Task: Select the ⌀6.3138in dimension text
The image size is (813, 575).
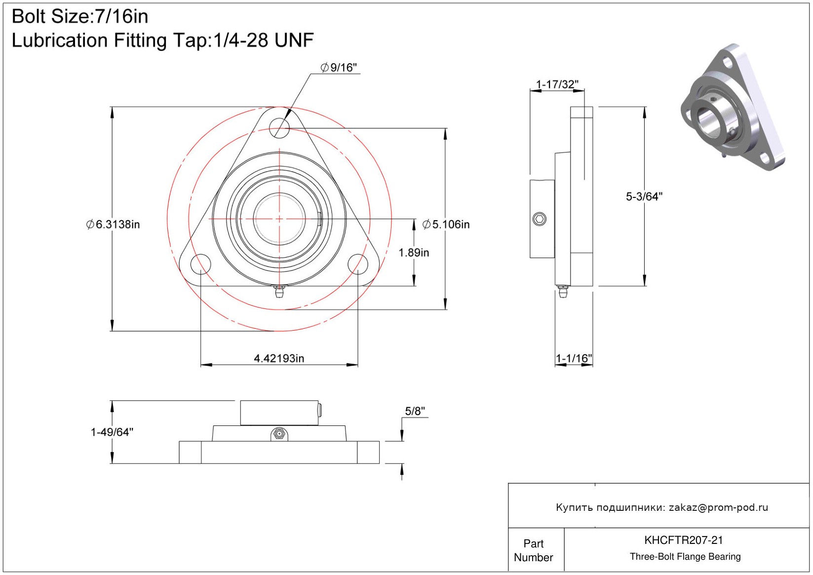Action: [113, 225]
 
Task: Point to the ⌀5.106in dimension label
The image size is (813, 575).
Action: [446, 225]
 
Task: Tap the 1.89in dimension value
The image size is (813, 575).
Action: [414, 253]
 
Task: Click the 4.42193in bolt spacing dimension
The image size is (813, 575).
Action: [279, 358]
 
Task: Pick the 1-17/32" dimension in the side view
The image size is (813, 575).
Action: [557, 84]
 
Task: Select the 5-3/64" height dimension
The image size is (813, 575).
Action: [644, 196]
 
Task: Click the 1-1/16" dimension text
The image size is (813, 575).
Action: [574, 358]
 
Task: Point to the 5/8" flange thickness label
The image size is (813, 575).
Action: [415, 411]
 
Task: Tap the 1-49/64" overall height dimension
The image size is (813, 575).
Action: [112, 432]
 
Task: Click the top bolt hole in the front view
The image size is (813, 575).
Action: [279, 128]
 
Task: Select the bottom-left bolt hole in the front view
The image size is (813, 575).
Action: [201, 264]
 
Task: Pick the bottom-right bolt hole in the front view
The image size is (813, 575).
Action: [358, 264]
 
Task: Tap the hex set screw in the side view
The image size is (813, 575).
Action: [540, 219]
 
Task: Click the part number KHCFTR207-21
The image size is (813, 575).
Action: [684, 540]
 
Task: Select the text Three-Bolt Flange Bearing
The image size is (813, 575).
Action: [685, 557]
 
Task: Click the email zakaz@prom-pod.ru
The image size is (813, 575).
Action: [718, 507]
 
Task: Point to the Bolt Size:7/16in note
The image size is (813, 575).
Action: [80, 17]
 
